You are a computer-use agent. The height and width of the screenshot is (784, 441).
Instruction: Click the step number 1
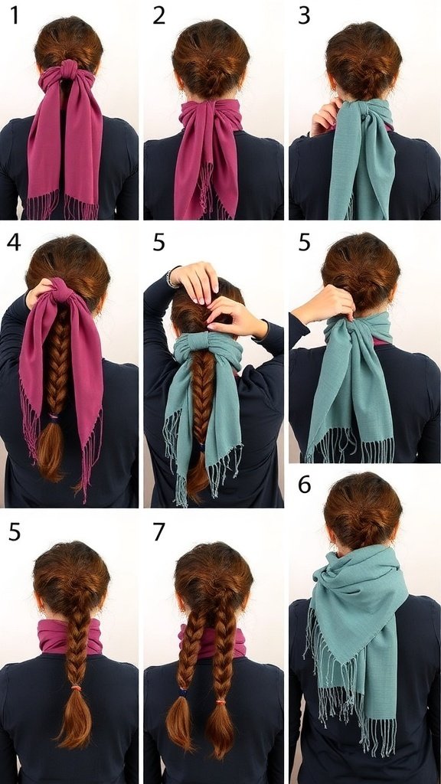(x=15, y=16)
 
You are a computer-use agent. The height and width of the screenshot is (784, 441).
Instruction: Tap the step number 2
(x=158, y=16)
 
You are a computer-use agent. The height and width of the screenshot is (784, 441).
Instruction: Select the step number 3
(x=304, y=16)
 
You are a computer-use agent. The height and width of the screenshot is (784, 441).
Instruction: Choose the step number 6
(x=305, y=485)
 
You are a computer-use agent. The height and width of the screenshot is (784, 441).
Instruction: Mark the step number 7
(x=159, y=532)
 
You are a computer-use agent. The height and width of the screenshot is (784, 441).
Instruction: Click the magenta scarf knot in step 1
(x=69, y=70)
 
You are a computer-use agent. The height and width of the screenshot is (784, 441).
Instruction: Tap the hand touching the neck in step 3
(x=325, y=117)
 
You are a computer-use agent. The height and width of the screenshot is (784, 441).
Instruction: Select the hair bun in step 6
(x=363, y=520)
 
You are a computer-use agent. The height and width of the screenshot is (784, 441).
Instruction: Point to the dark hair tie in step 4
(x=54, y=416)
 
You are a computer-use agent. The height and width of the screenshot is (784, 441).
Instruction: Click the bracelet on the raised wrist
(x=172, y=279)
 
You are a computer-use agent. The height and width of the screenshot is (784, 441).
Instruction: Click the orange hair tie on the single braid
(x=76, y=688)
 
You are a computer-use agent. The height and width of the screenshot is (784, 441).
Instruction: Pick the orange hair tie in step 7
(x=221, y=701)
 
